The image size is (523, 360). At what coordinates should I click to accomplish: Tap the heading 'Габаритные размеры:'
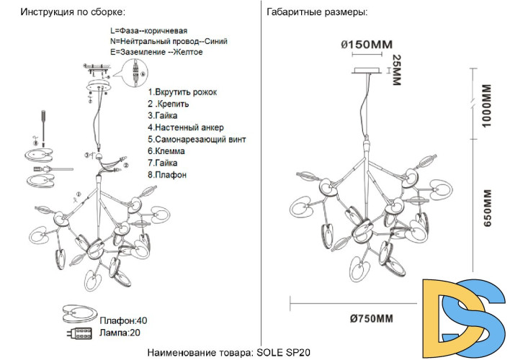[316, 13]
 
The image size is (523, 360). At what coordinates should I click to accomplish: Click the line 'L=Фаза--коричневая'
[149, 31]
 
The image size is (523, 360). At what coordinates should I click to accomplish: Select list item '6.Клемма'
[166, 151]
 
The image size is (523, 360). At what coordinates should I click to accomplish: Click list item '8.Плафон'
[167, 174]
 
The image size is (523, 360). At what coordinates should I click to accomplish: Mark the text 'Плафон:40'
[123, 320]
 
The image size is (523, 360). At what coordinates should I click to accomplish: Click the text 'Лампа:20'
[120, 333]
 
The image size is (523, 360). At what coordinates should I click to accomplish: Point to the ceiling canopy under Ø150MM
[367, 71]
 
